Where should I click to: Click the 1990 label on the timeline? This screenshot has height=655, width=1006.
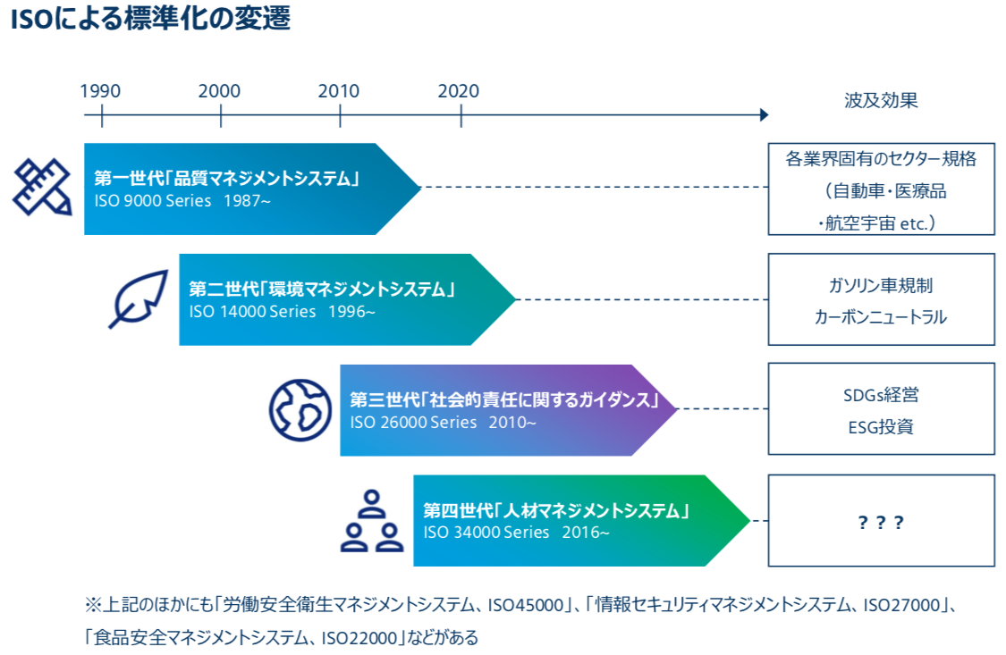(100, 91)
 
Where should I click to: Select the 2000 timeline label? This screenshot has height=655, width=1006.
(219, 91)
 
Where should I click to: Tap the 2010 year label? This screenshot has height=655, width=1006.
(339, 91)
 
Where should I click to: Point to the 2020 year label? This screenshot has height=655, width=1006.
(459, 91)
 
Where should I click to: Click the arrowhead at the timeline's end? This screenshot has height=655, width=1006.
(765, 114)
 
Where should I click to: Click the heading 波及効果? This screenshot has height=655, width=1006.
(881, 101)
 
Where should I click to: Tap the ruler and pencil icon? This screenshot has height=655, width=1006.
(42, 187)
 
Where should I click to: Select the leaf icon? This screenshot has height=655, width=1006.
(139, 298)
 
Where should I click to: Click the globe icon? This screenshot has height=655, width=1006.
(300, 410)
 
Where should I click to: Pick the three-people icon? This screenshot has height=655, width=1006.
(372, 521)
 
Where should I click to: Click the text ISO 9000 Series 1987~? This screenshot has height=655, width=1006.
(182, 200)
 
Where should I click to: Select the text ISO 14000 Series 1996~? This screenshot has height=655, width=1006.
(282, 312)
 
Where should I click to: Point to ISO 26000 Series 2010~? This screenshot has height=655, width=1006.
(443, 423)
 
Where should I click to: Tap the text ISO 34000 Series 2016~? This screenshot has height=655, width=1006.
(516, 532)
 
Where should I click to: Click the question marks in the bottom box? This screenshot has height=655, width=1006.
(881, 523)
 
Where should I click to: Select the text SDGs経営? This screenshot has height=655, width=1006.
(881, 395)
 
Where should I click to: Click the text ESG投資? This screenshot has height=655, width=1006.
(881, 427)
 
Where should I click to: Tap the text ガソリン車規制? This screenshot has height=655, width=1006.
(881, 285)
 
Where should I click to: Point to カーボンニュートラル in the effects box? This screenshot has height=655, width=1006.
(881, 317)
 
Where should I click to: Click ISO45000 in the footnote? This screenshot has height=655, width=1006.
(526, 604)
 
